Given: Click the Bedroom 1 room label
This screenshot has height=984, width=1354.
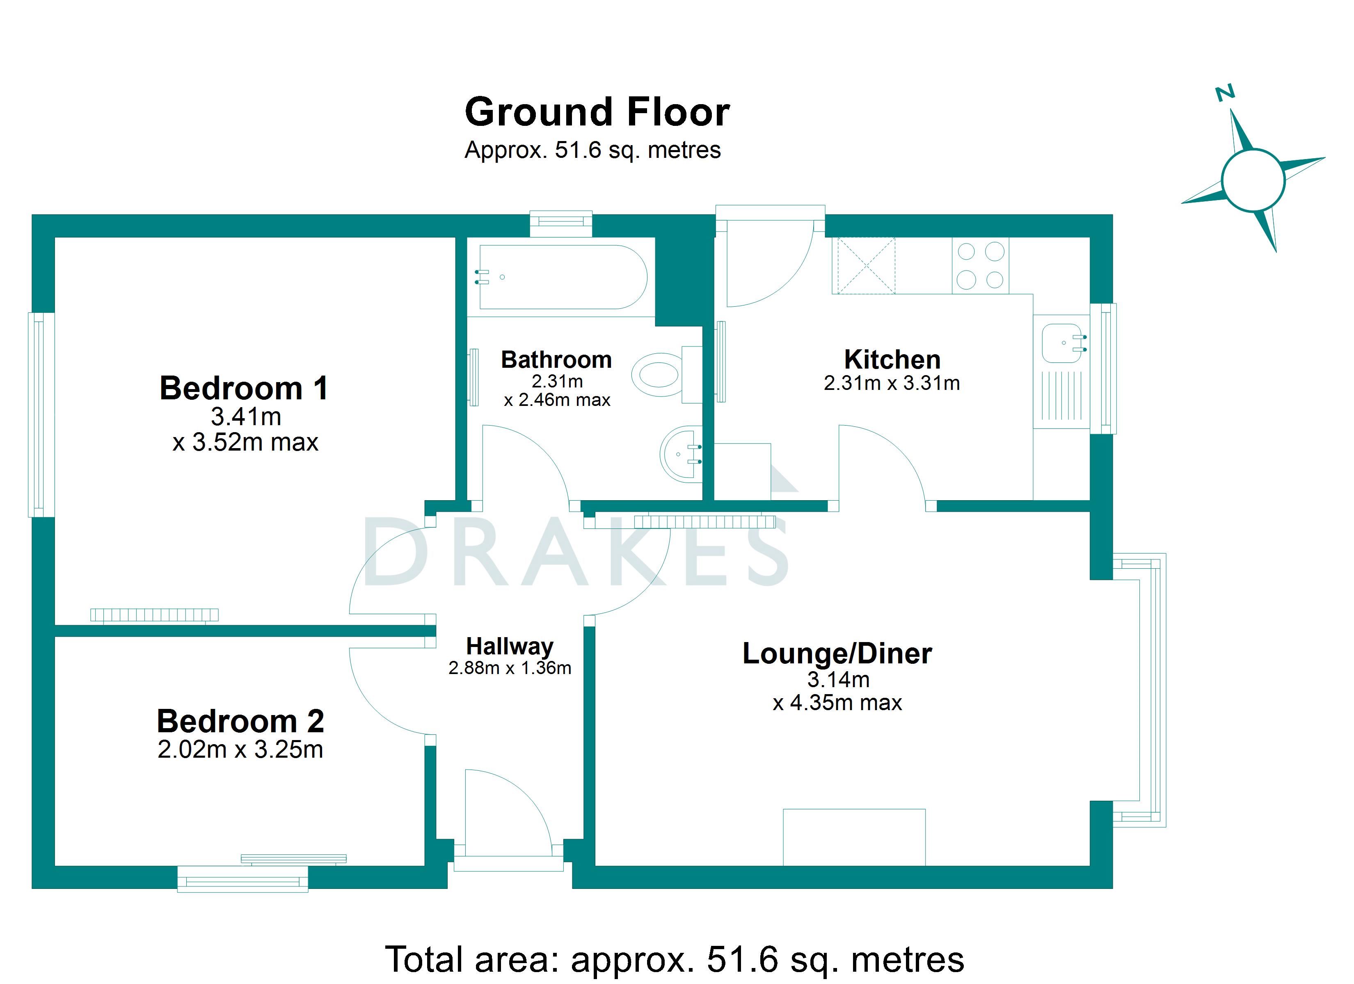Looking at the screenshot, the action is click(x=244, y=388).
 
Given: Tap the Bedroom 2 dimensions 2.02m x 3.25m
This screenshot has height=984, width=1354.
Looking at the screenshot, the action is click(x=240, y=750).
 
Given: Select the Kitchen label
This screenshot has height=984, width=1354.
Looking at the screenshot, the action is click(x=892, y=360).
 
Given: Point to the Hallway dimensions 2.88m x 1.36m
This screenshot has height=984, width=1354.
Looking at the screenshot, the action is click(x=510, y=668).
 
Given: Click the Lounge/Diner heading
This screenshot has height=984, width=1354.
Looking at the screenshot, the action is click(x=837, y=654).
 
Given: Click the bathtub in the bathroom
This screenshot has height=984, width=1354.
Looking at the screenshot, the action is click(x=562, y=277).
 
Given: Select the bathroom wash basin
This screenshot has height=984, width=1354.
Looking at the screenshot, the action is click(x=681, y=453).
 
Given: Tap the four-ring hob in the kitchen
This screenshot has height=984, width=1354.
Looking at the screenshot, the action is click(x=980, y=266).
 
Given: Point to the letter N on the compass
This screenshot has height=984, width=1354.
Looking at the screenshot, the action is click(x=1225, y=93).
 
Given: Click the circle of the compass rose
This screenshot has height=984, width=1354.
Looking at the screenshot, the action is click(x=1253, y=180).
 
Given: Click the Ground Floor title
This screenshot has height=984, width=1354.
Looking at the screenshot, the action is click(x=597, y=112).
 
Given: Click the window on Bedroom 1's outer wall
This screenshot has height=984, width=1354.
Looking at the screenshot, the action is click(x=41, y=415).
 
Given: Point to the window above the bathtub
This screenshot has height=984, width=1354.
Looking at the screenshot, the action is click(x=561, y=223).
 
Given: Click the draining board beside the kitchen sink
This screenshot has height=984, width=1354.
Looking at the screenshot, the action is click(x=1062, y=396).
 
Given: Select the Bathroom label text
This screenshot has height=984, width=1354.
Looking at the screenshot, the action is click(x=556, y=360).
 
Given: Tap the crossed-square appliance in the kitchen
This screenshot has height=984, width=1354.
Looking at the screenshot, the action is click(x=866, y=266).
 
